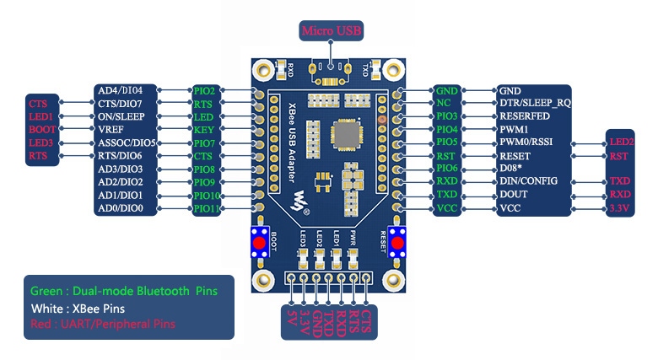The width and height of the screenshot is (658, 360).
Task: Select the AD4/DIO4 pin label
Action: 121,90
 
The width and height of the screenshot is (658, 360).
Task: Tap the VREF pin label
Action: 112,130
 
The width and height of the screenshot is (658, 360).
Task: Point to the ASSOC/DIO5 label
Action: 127,142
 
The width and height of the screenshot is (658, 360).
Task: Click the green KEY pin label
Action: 203,130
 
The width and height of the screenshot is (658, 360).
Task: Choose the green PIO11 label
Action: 207,208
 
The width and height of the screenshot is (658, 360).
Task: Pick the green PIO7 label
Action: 205,142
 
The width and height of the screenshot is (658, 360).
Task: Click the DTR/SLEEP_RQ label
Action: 535,103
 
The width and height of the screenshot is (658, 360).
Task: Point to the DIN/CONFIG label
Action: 530,181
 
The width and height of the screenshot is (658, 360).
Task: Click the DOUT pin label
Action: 515,195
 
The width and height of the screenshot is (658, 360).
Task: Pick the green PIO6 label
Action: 446,169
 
